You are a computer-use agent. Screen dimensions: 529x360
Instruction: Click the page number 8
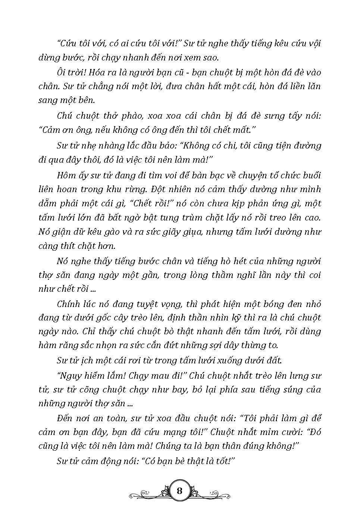pos(179,490)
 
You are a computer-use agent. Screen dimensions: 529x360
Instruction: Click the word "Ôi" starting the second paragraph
pos(62,72)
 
